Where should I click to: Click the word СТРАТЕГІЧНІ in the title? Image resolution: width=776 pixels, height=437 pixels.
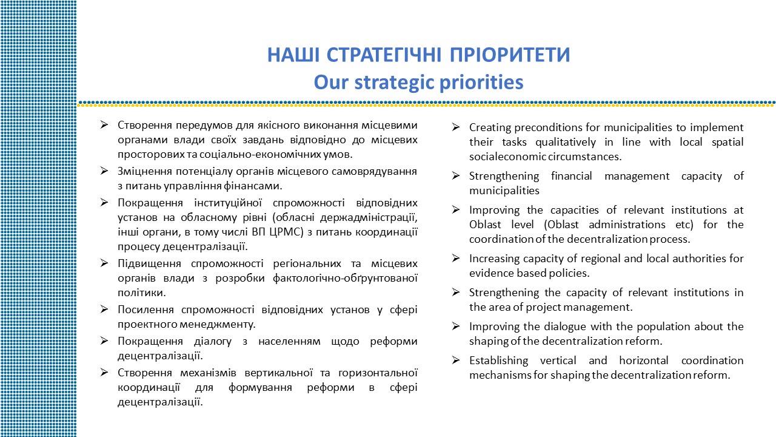(x=384, y=55)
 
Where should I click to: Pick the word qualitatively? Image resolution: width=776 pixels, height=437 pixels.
(x=566, y=142)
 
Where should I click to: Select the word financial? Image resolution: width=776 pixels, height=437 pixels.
(x=571, y=176)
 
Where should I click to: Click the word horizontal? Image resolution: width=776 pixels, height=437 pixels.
(x=644, y=361)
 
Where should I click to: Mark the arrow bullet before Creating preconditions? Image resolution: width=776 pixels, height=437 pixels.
(x=456, y=127)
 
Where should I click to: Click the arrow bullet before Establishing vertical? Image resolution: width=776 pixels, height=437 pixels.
(x=456, y=361)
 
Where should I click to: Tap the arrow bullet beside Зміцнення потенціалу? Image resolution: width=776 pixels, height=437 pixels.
(x=104, y=171)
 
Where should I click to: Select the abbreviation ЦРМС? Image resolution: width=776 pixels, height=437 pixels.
(x=284, y=232)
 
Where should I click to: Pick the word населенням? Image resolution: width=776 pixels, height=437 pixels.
(x=289, y=341)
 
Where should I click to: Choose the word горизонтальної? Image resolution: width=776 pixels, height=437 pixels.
(x=378, y=373)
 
